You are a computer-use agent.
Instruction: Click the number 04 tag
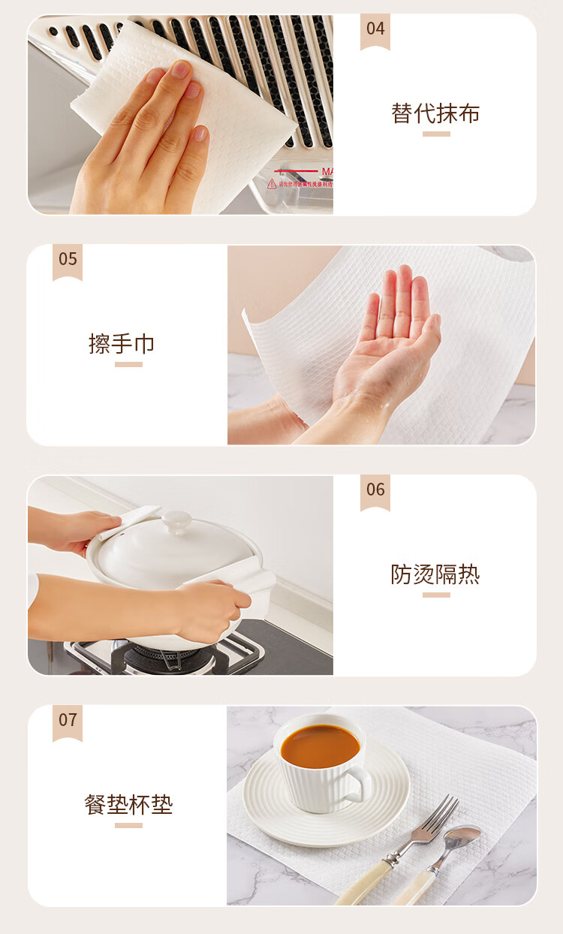click(375, 32)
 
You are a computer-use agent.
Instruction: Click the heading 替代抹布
click(435, 113)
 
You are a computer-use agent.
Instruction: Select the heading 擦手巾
click(122, 344)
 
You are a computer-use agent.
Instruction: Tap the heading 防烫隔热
click(435, 574)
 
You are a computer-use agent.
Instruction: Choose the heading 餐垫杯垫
click(128, 805)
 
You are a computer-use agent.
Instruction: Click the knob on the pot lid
click(177, 522)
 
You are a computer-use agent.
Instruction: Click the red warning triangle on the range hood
click(272, 183)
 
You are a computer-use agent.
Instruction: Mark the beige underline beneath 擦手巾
click(128, 364)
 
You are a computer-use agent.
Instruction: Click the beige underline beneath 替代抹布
click(436, 134)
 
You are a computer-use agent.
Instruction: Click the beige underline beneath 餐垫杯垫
click(128, 825)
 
